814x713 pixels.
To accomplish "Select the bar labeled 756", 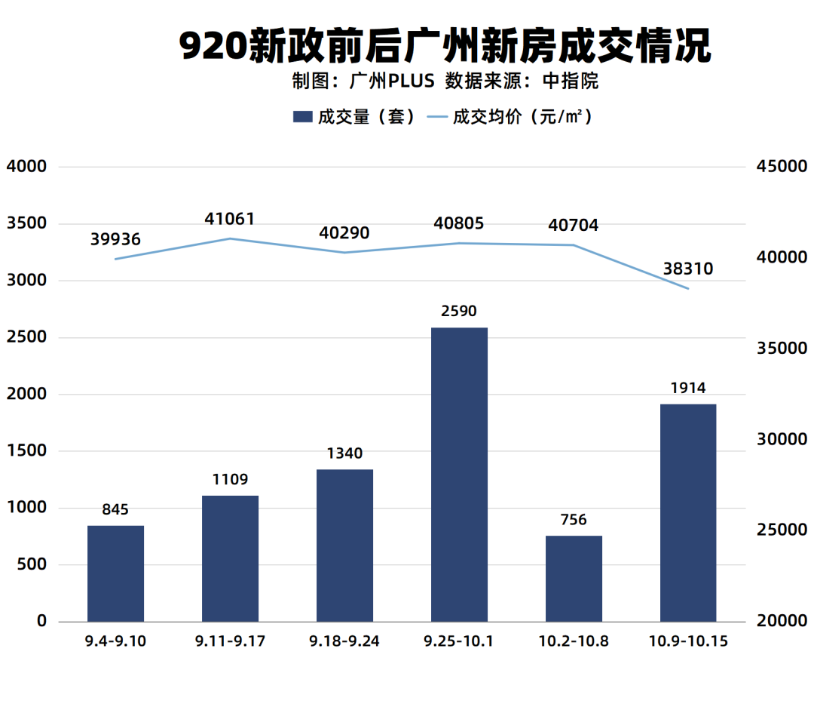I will pyautogui.click(x=574, y=578).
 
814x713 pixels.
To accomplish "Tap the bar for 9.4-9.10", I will pyautogui.click(x=115, y=573).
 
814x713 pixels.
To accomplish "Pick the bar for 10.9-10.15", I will pyautogui.click(x=688, y=512).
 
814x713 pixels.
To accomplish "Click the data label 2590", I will pyautogui.click(x=459, y=311).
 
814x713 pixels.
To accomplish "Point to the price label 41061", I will pyautogui.click(x=230, y=219).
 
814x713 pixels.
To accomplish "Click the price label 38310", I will pyautogui.click(x=687, y=269).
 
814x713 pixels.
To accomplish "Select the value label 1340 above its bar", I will pyautogui.click(x=344, y=453).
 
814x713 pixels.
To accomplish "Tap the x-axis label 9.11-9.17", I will pyautogui.click(x=230, y=641).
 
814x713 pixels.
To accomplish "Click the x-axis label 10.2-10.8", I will pyautogui.click(x=574, y=641).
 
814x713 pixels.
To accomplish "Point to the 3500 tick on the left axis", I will pyautogui.click(x=26, y=223).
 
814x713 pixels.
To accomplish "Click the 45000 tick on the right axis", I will pyautogui.click(x=781, y=166).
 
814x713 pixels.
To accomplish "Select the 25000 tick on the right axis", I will pyautogui.click(x=781, y=530).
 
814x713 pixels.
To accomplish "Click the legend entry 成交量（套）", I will pyautogui.click(x=354, y=117).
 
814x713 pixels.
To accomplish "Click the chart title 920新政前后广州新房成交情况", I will pyautogui.click(x=445, y=47).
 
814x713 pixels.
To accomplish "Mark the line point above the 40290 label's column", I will pyautogui.click(x=344, y=252).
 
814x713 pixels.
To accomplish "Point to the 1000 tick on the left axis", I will pyautogui.click(x=26, y=508).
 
